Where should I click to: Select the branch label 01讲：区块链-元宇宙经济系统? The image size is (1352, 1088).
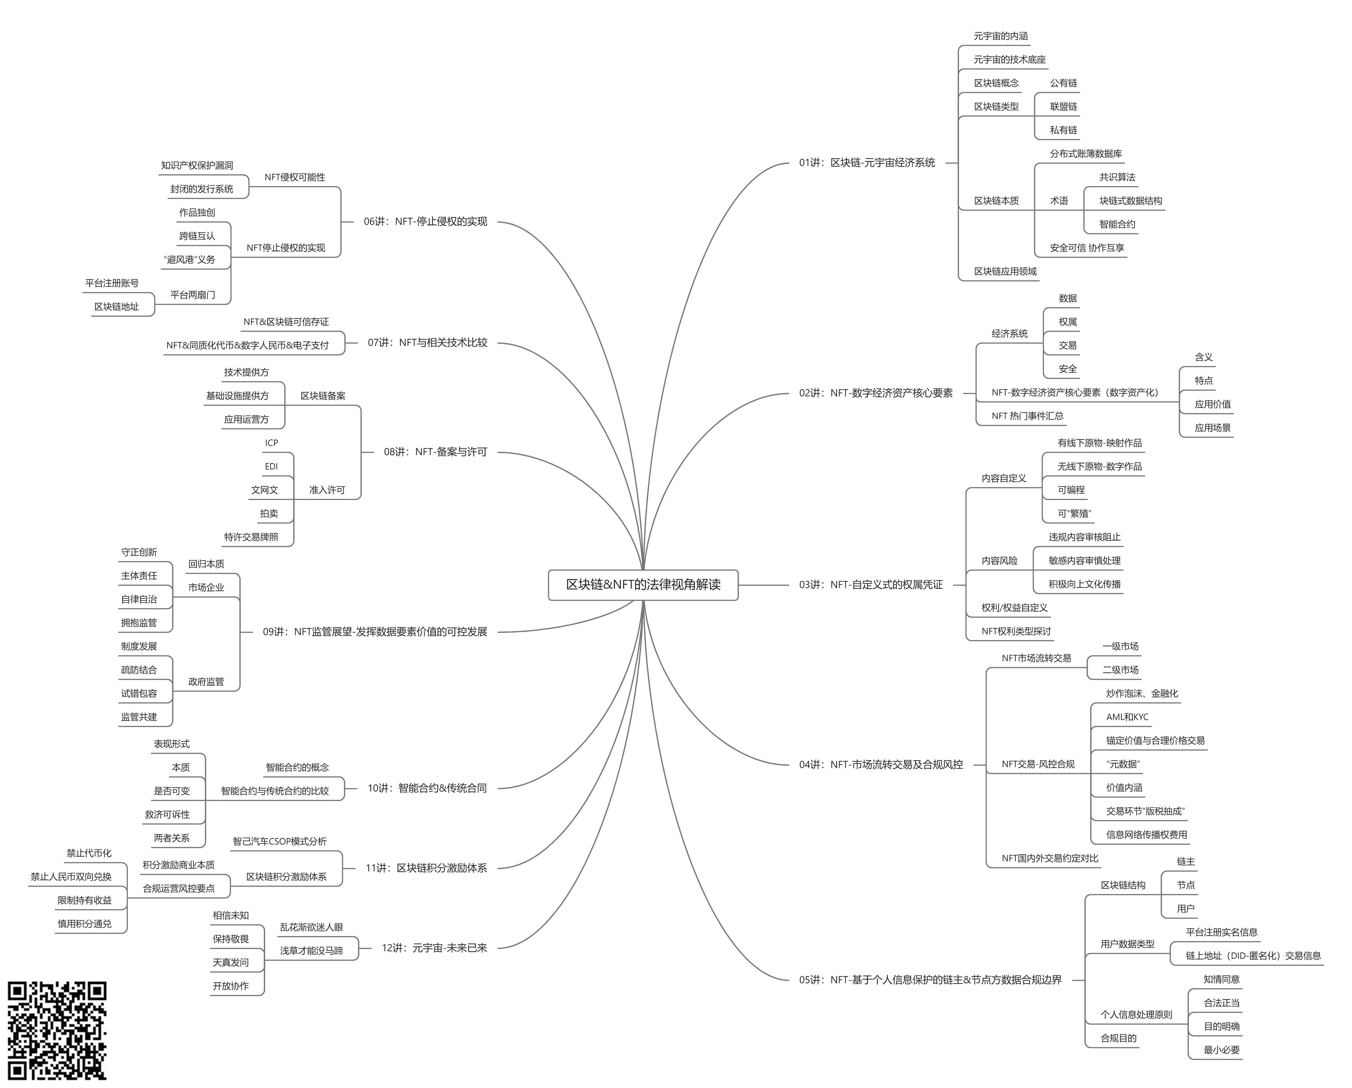(867, 163)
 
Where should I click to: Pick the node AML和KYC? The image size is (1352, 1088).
(1127, 717)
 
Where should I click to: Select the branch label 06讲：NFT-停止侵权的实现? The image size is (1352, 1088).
(425, 221)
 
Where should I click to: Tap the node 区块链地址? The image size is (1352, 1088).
(117, 307)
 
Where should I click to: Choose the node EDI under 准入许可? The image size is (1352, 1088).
(271, 466)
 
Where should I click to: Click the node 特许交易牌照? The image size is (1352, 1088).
(251, 537)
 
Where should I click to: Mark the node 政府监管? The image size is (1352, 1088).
(206, 682)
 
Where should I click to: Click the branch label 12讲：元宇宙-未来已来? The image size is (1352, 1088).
(434, 948)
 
